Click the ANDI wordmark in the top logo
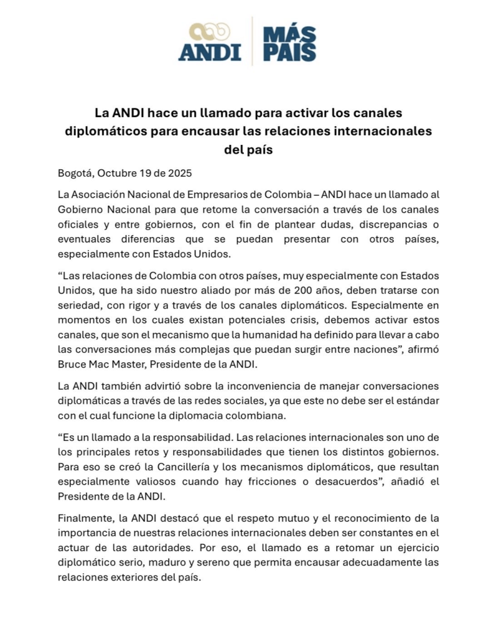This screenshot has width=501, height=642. pos(209,52)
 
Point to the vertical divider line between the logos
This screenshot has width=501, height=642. pos(252,41)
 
